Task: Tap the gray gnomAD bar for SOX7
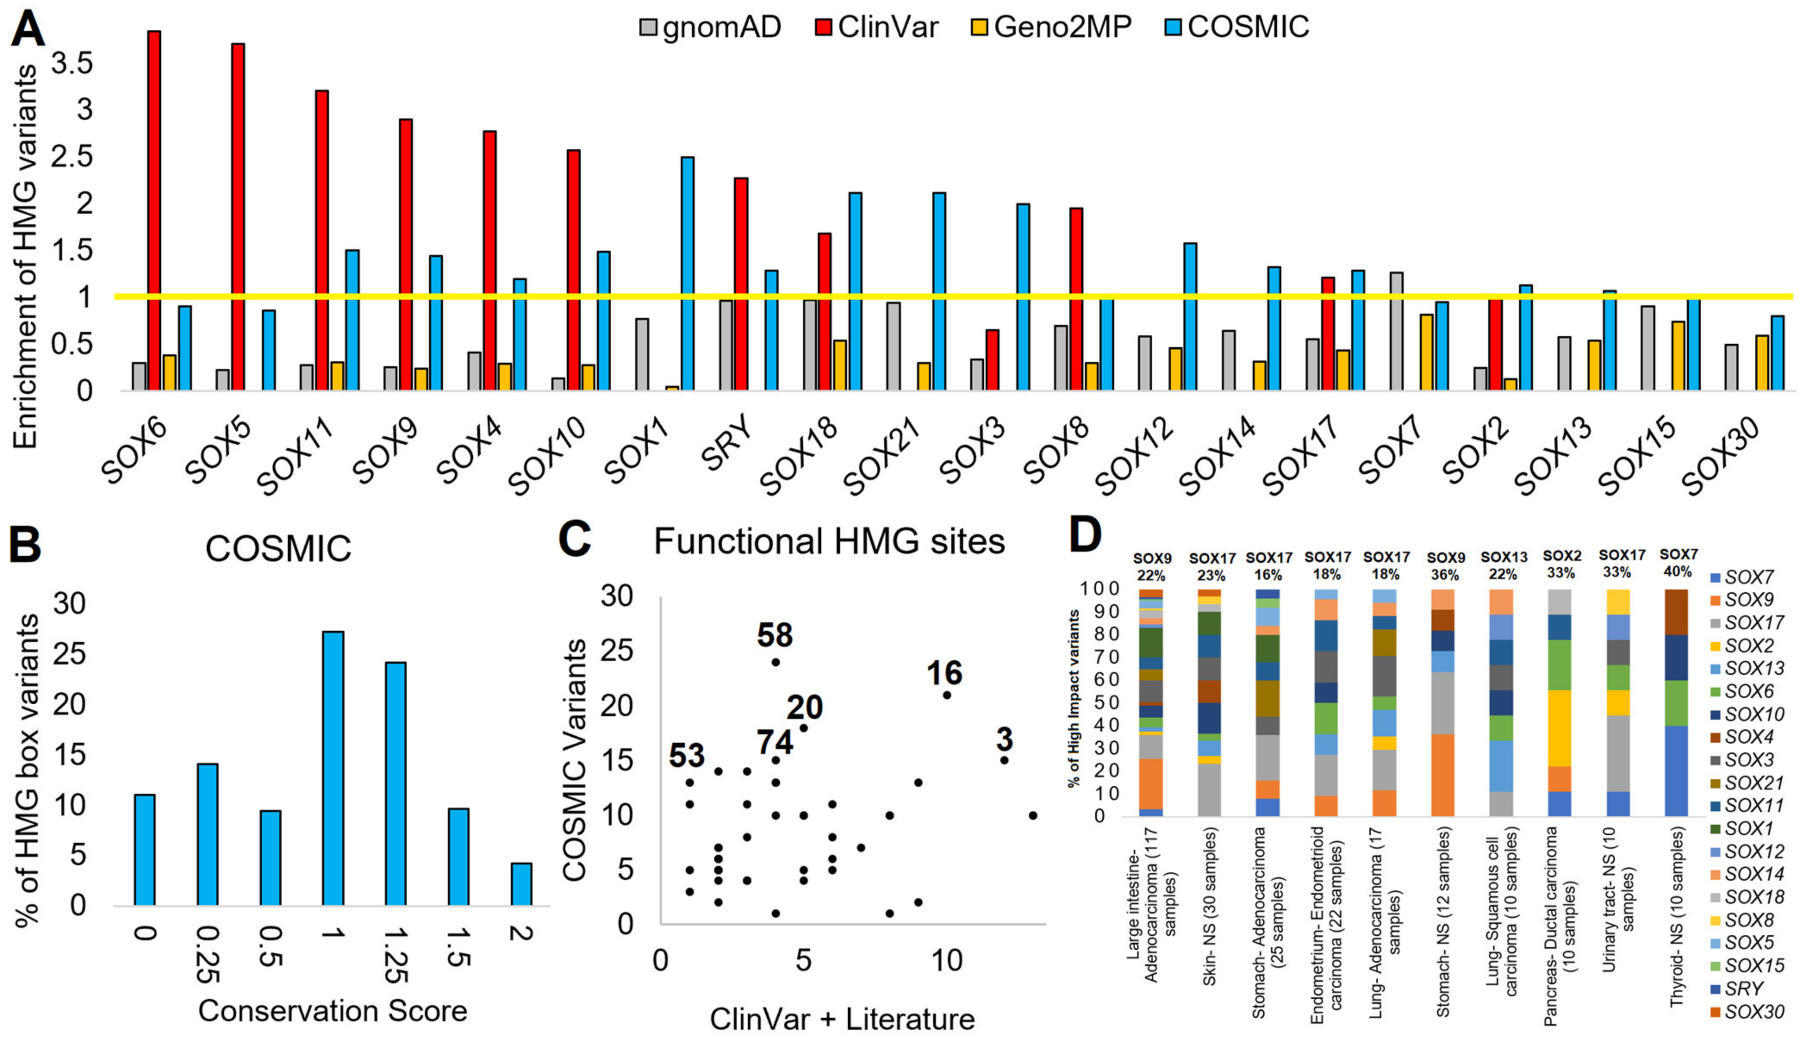tap(1396, 331)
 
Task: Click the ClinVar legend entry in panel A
tap(877, 27)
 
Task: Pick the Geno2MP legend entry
tap(1052, 27)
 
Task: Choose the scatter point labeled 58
tap(775, 662)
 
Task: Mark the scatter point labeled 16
tap(947, 695)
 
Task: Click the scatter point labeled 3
tap(1005, 760)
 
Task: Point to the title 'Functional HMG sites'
tap(829, 542)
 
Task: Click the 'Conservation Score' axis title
tap(333, 1011)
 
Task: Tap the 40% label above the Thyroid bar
tap(1678, 572)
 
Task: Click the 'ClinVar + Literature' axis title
tap(842, 1019)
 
